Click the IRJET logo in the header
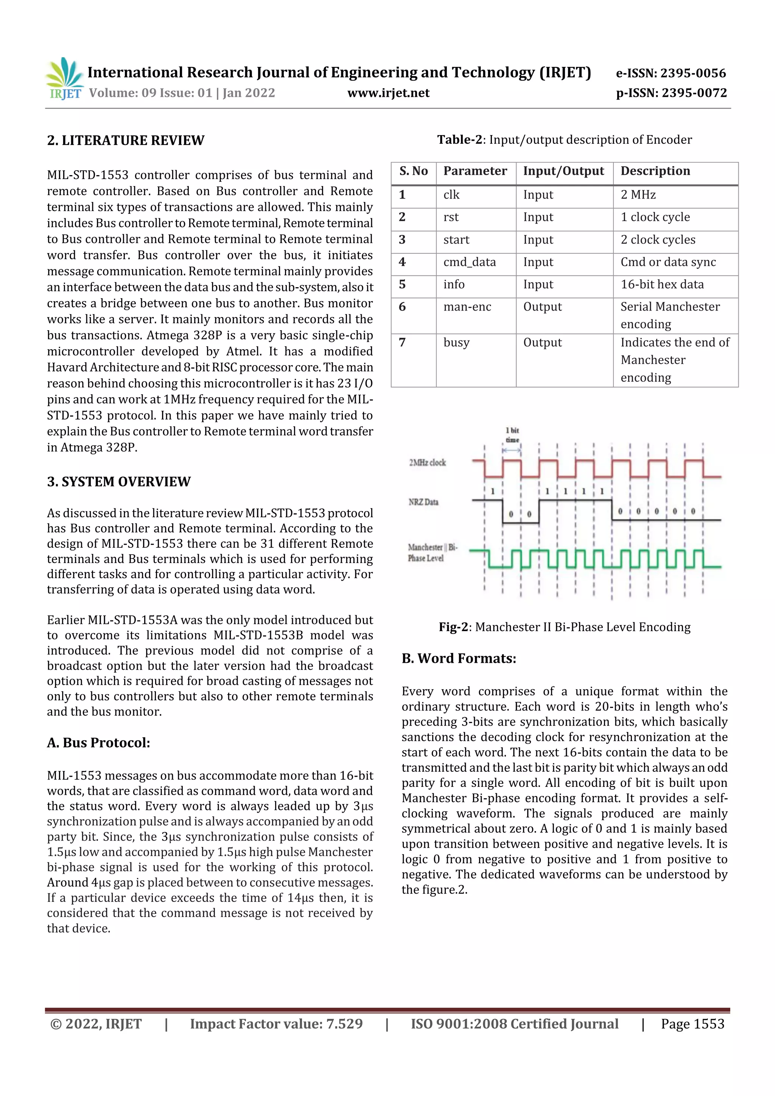click(64, 79)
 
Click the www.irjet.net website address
click(388, 93)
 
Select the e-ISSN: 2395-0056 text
click(671, 73)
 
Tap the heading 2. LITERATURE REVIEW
click(126, 140)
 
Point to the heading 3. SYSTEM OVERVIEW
click(119, 482)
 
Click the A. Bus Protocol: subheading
click(99, 743)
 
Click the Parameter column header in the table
click(475, 171)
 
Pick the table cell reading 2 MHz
click(638, 195)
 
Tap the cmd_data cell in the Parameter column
click(469, 262)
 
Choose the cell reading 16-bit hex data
click(662, 284)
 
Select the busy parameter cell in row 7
click(456, 343)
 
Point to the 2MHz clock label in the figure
click(427, 463)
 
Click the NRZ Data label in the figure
click(423, 502)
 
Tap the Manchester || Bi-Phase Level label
click(432, 553)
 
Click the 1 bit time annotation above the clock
click(512, 435)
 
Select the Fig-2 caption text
click(565, 627)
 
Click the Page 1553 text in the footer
click(693, 1024)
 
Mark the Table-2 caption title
click(565, 140)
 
